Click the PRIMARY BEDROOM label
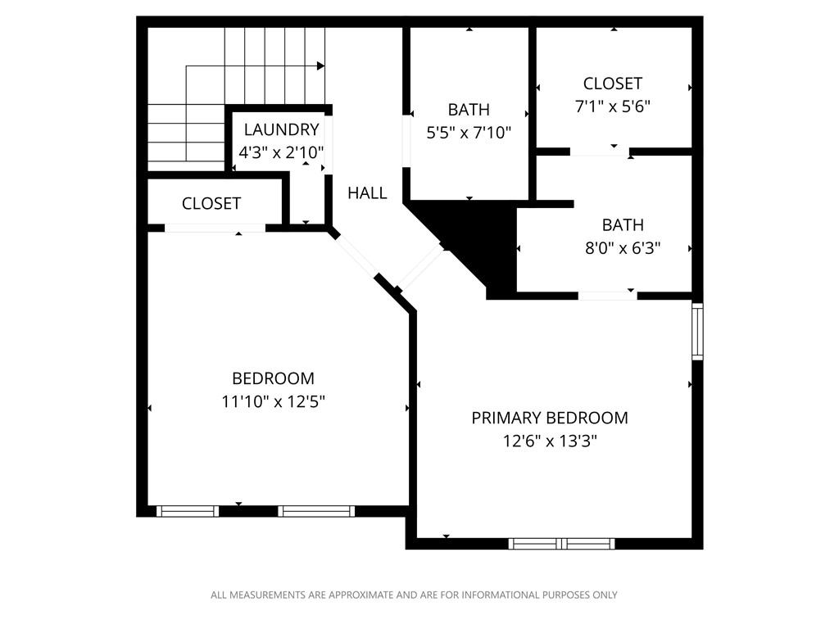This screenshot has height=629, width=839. (550, 418)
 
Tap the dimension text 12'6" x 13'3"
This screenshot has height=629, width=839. (550, 441)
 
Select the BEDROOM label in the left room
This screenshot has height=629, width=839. (273, 378)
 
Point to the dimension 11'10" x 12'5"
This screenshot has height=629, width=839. (273, 401)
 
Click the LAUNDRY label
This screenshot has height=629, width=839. (281, 129)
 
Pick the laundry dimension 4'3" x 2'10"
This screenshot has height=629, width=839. (281, 152)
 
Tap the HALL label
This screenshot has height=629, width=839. (367, 193)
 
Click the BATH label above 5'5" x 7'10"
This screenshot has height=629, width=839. (469, 110)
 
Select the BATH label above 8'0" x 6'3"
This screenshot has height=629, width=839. (623, 225)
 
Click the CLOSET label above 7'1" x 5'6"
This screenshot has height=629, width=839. (613, 84)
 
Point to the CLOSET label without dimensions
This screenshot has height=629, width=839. (211, 203)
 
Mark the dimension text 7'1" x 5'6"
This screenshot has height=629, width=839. (613, 106)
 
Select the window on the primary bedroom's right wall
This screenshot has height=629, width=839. (697, 332)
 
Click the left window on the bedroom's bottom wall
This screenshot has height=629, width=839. (188, 511)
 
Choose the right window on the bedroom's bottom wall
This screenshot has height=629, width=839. (315, 511)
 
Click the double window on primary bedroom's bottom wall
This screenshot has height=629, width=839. (561, 543)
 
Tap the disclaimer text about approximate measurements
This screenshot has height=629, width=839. (414, 595)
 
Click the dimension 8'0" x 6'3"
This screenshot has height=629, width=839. (623, 248)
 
